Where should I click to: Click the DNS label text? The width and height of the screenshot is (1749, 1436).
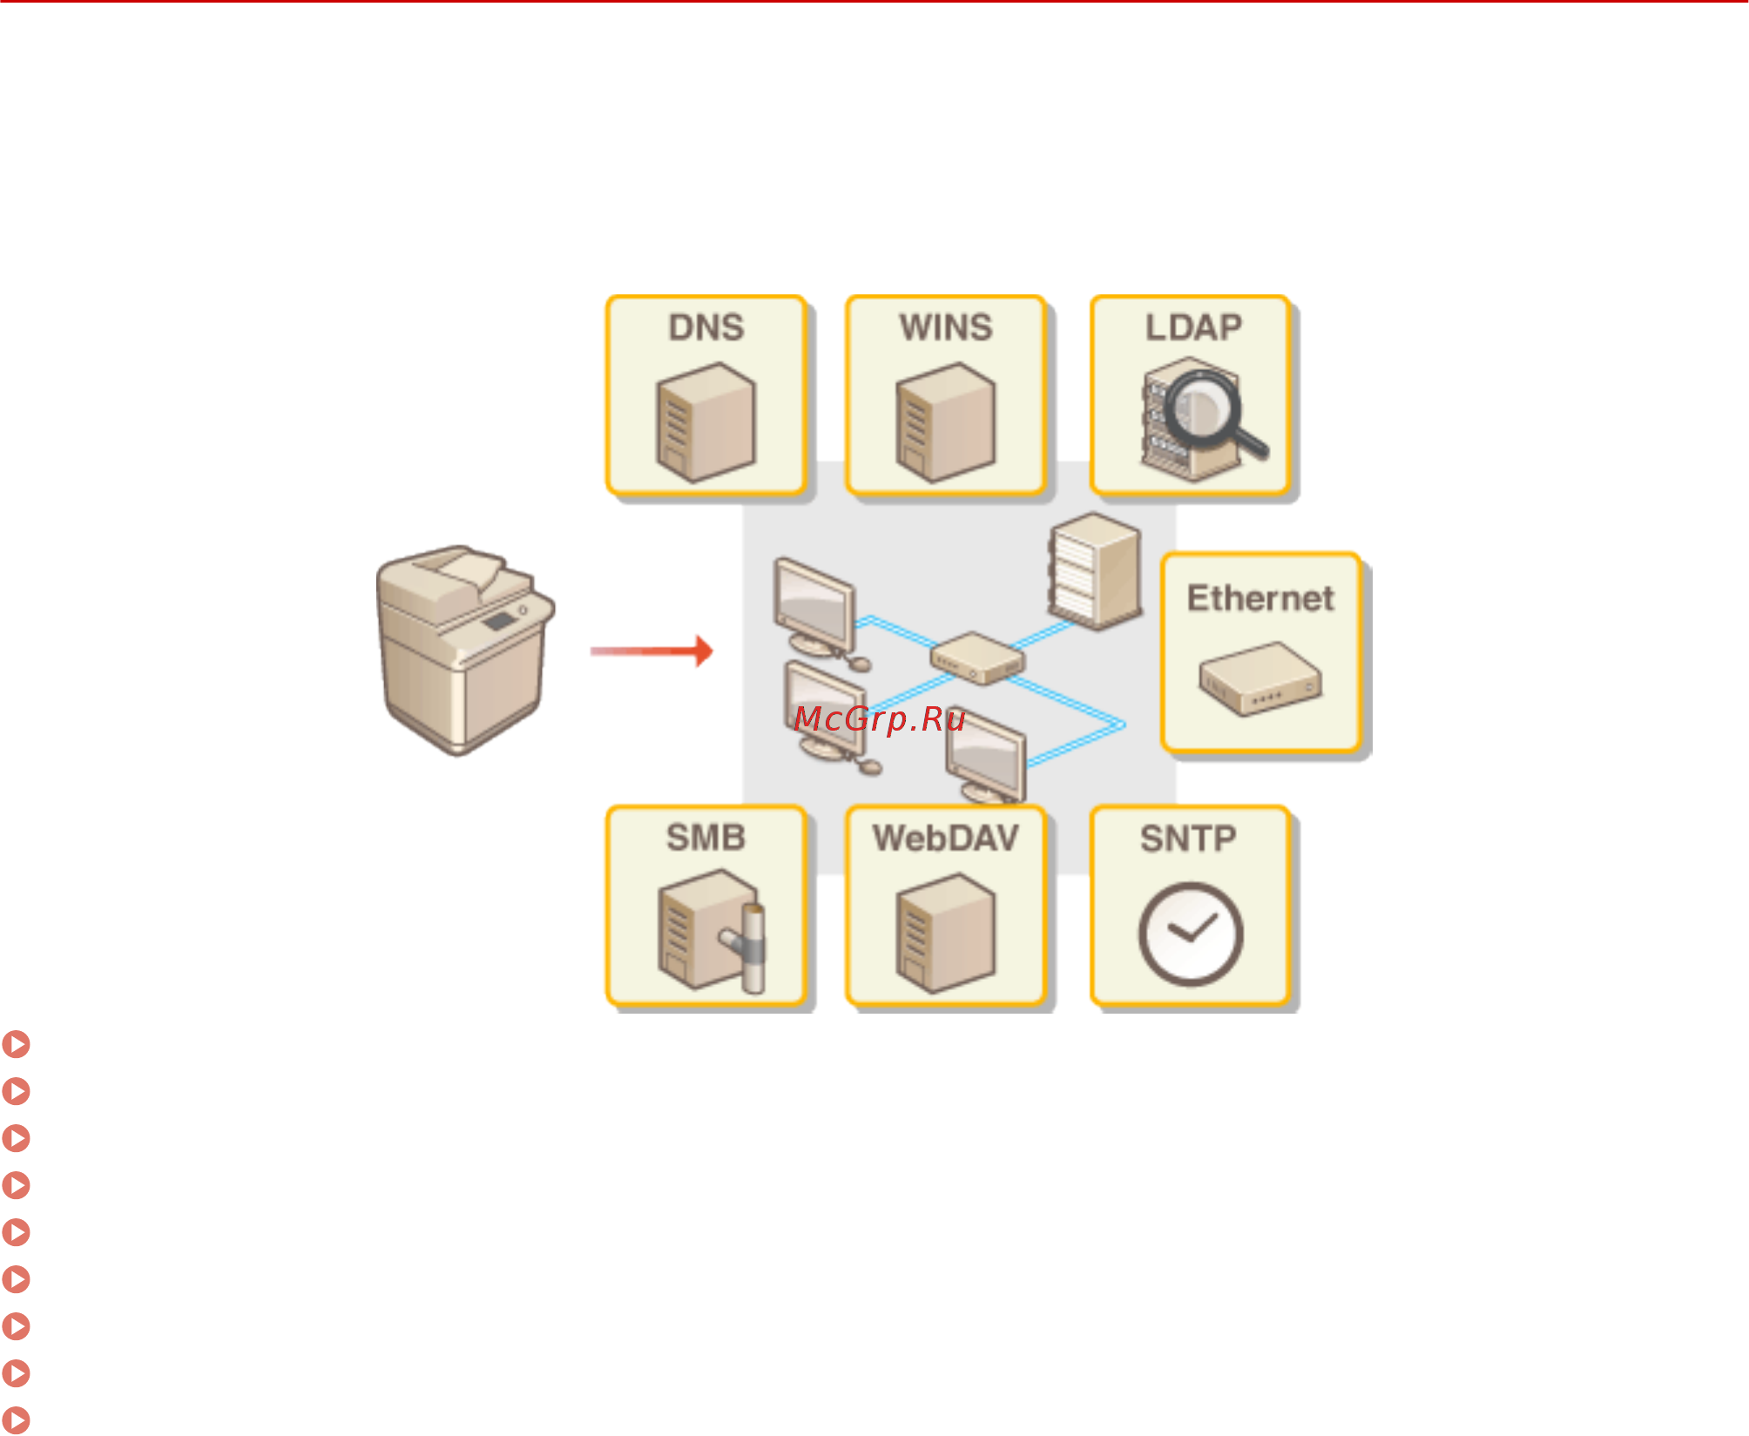pos(706,328)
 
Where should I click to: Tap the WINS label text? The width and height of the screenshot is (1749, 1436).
pos(946,328)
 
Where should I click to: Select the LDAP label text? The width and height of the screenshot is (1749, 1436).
pos(1192,328)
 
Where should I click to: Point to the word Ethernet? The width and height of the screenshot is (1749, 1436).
pos(1260,598)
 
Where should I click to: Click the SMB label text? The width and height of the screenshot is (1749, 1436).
pos(706,838)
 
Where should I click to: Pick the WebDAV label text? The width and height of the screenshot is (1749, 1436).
pos(946,838)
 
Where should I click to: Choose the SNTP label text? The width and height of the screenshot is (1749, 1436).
pos(1188,839)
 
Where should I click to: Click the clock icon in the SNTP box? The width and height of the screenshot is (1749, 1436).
pos(1191,934)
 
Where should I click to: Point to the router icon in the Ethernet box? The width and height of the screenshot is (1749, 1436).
pos(1260,678)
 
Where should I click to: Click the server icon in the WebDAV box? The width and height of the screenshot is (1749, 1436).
pos(946,934)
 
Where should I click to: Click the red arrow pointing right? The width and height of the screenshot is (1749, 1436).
pos(653,651)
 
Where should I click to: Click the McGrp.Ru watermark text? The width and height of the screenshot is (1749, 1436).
pos(880,719)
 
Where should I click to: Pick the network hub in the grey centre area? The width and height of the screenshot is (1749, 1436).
pos(976,658)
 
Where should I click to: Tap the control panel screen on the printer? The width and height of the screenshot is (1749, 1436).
pos(498,621)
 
